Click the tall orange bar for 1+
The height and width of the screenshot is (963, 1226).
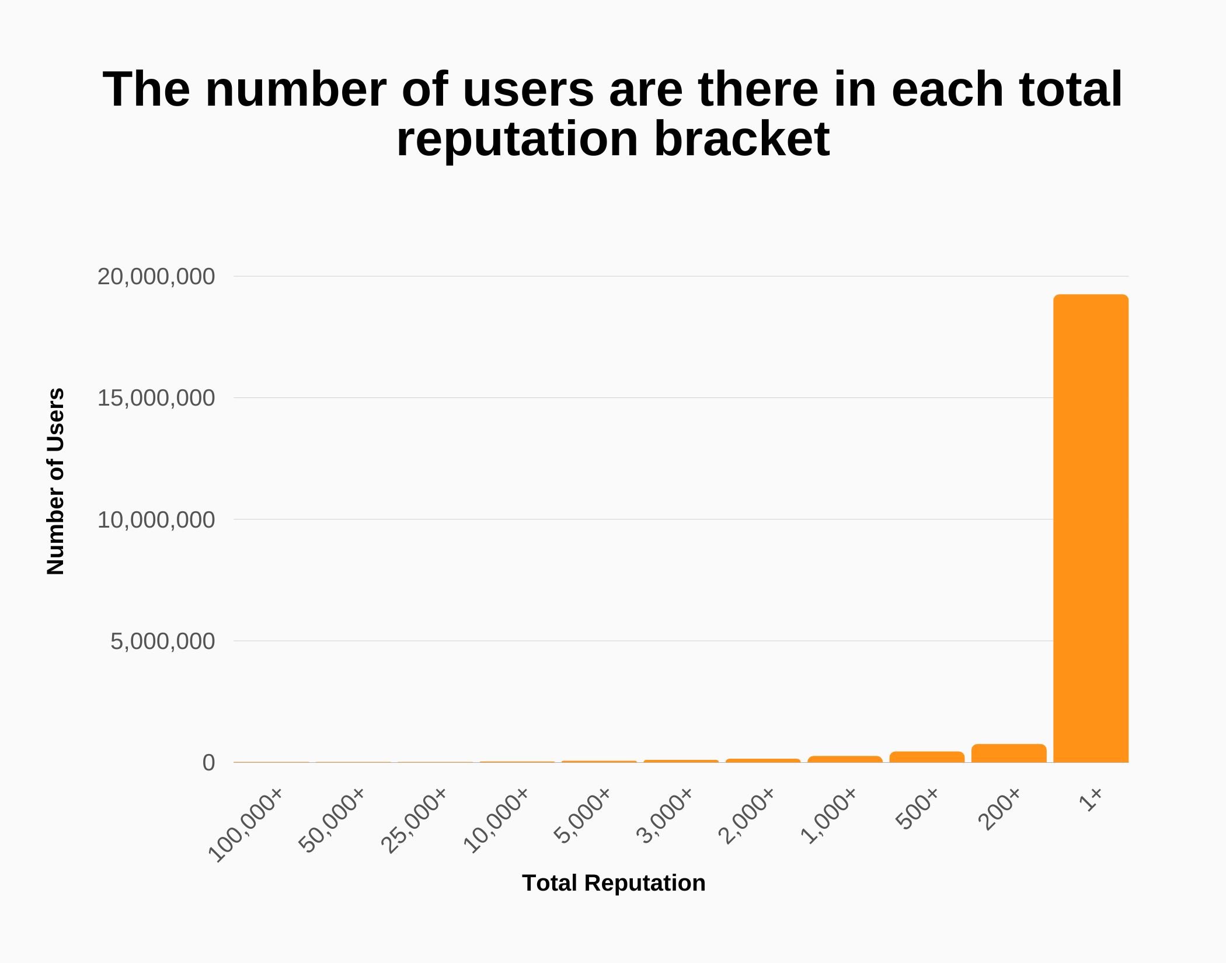1091,528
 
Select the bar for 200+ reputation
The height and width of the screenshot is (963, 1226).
1009,753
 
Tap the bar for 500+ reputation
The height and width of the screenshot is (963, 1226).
927,757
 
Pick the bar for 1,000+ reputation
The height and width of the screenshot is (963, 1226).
845,759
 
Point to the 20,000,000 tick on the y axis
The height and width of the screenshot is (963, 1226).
156,277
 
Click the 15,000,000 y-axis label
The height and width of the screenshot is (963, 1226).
156,398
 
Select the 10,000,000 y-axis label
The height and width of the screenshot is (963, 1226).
156,519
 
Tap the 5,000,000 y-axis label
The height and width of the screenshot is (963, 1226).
162,641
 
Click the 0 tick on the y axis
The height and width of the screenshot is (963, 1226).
208,763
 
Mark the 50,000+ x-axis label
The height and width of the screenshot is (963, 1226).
332,820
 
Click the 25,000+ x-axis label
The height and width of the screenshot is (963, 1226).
414,820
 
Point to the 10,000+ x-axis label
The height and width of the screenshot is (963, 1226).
496,820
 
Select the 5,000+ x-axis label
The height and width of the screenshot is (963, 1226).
582,815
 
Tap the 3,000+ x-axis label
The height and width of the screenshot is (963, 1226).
664,815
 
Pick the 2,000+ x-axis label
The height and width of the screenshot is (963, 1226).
746,815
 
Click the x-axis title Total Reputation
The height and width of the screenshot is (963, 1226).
614,883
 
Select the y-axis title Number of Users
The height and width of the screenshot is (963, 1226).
55,481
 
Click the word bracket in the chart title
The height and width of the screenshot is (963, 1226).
741,139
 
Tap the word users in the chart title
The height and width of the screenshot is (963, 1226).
528,89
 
